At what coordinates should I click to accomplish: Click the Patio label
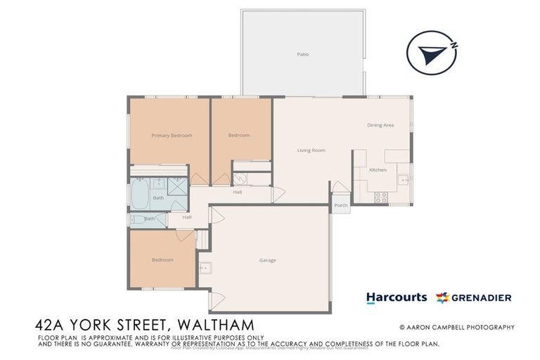(x=302, y=54)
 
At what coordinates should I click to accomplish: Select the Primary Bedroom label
(x=172, y=135)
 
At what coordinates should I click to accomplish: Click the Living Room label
(x=311, y=150)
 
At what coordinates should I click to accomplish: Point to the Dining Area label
(x=380, y=125)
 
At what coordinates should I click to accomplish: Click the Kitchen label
(x=378, y=170)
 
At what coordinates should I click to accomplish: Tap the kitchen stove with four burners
(x=381, y=198)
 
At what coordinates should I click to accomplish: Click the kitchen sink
(x=404, y=180)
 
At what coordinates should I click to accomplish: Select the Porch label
(x=340, y=205)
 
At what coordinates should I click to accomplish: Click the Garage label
(x=267, y=260)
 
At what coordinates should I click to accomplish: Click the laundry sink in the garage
(x=205, y=267)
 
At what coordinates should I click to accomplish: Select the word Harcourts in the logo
(x=396, y=297)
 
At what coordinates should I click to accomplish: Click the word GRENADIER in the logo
(x=482, y=297)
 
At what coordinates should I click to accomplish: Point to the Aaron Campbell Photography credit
(x=457, y=327)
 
